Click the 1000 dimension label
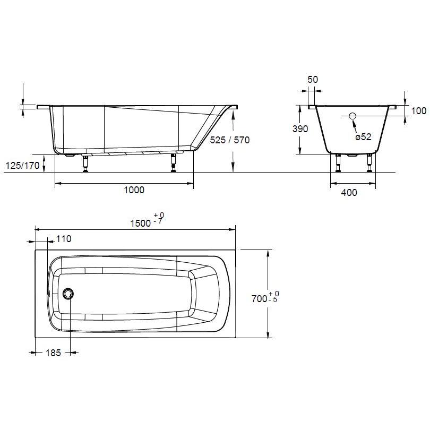pyautogui.click(x=134, y=190)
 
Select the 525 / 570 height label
pyautogui.click(x=230, y=140)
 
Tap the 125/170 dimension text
pyautogui.click(x=22, y=165)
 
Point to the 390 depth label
pyautogui.click(x=300, y=128)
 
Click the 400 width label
pyautogui.click(x=349, y=193)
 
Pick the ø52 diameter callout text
pyautogui.click(x=363, y=136)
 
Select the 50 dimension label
pyautogui.click(x=313, y=79)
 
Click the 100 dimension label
pyautogui.click(x=419, y=111)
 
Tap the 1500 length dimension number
pyautogui.click(x=140, y=223)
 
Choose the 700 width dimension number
pyautogui.click(x=259, y=298)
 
